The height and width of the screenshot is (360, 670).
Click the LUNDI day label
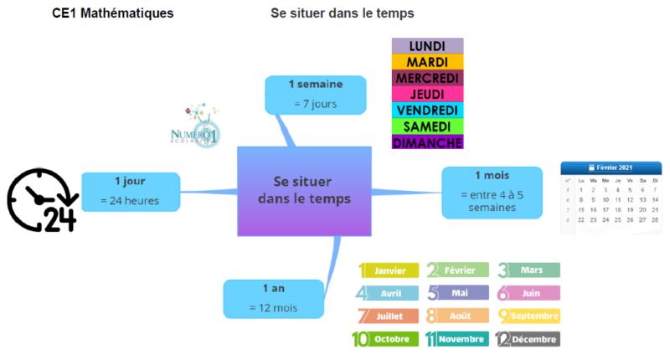click(x=427, y=46)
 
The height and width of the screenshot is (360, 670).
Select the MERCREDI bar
click(x=427, y=78)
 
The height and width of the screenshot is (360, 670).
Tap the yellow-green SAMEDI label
click(x=427, y=126)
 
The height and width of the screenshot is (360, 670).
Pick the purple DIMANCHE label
click(x=427, y=142)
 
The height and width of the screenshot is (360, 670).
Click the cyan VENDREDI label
click(x=427, y=110)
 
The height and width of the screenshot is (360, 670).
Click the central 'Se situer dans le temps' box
click(x=304, y=190)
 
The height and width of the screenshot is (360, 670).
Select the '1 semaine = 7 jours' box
click(x=315, y=94)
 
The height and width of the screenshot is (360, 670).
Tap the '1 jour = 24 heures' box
click(x=130, y=191)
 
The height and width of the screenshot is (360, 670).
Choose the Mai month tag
click(x=459, y=293)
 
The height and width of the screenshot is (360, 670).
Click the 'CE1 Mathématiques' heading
click(x=113, y=13)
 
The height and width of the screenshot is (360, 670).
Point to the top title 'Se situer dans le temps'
click(x=343, y=13)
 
